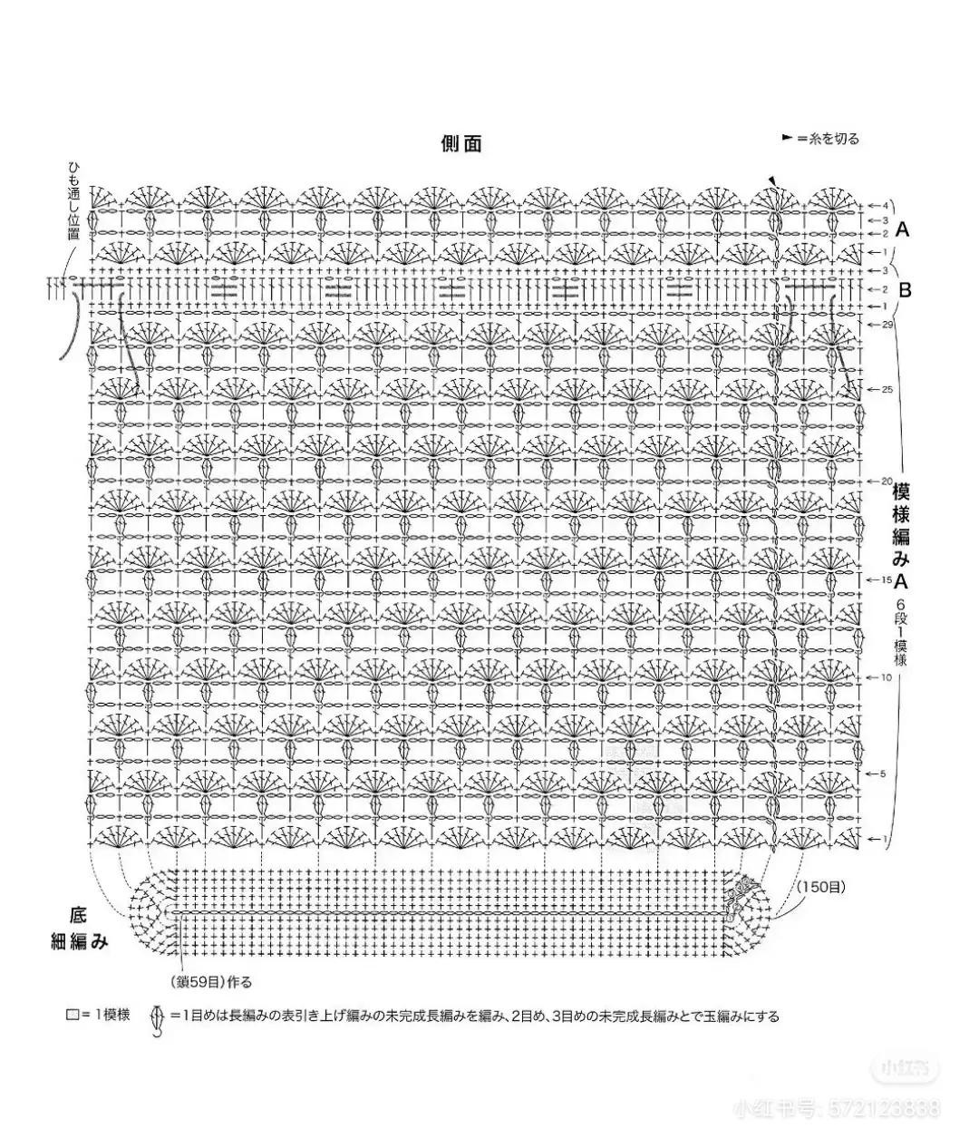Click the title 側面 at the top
(461, 143)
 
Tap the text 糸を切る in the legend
(834, 139)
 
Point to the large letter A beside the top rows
(902, 229)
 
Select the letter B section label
(904, 290)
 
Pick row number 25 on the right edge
(887, 389)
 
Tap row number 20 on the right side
(887, 481)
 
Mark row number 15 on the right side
(887, 579)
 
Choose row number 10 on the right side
(887, 677)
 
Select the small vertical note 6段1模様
(901, 632)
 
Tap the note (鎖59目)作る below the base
(210, 981)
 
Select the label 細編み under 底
(79, 942)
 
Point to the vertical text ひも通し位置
(73, 201)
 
